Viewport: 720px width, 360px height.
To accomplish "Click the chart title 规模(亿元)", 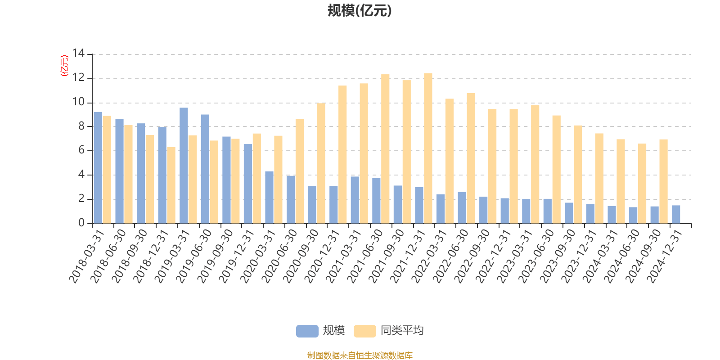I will pyautogui.click(x=360, y=11).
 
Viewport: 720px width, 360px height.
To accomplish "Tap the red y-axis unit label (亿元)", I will pyautogui.click(x=64, y=66).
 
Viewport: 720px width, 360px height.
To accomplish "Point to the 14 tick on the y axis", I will pyautogui.click(x=79, y=54).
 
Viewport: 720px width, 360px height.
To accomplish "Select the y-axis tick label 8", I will pyautogui.click(x=81, y=126).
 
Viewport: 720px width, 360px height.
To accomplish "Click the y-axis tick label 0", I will pyautogui.click(x=81, y=223).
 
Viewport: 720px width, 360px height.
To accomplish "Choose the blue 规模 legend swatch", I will pyautogui.click(x=307, y=331).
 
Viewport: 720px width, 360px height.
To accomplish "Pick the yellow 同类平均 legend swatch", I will pyautogui.click(x=364, y=331).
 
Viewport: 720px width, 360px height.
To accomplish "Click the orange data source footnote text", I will pyautogui.click(x=360, y=355).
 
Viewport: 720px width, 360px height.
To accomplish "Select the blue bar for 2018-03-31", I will pyautogui.click(x=98, y=167).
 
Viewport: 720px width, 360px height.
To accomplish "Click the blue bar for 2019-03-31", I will pyautogui.click(x=184, y=166).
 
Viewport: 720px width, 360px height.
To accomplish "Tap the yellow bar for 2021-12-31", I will pyautogui.click(x=428, y=148).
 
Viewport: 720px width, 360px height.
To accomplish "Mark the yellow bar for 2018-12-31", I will pyautogui.click(x=171, y=185).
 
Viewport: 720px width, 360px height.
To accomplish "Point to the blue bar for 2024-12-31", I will pyautogui.click(x=676, y=214).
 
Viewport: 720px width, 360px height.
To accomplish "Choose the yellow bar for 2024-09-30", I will pyautogui.click(x=663, y=181).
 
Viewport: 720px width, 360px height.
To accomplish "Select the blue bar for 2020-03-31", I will pyautogui.click(x=269, y=197).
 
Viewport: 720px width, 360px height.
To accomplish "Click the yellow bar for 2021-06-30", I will pyautogui.click(x=385, y=149).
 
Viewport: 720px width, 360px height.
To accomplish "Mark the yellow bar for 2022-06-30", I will pyautogui.click(x=471, y=158).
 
